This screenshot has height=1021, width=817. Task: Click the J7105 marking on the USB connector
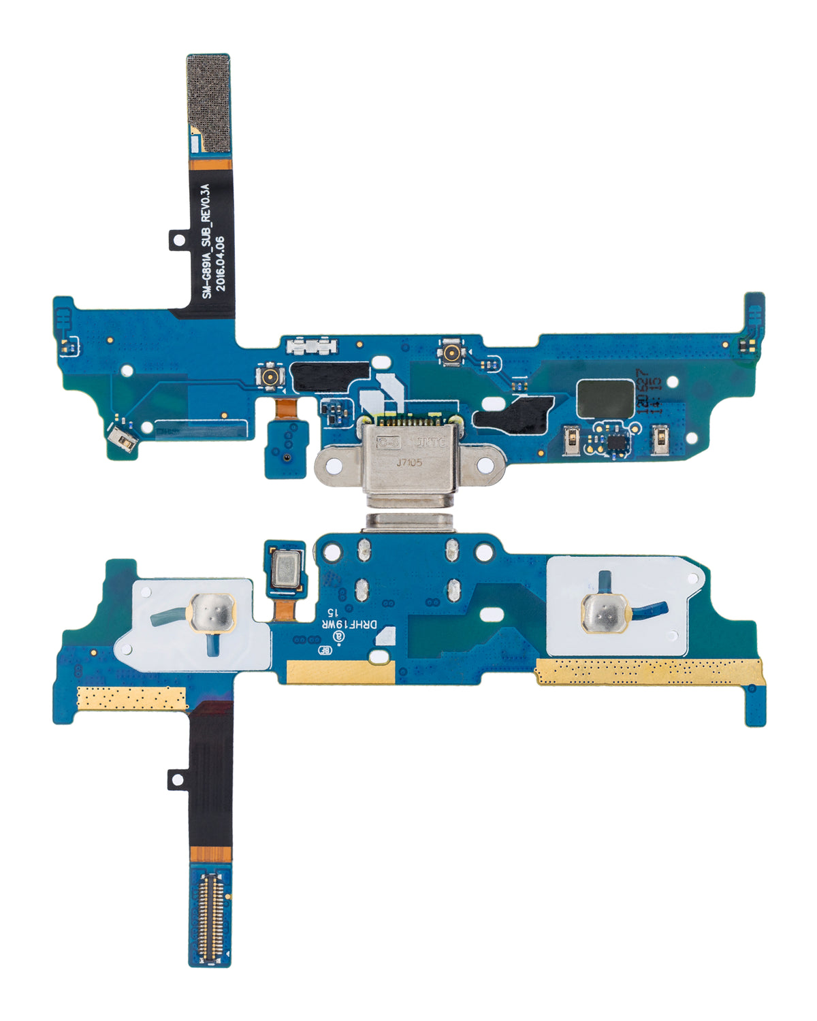coord(409,462)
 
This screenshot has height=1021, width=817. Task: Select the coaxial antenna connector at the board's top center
coord(450,353)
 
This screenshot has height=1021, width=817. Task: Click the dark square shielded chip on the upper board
coord(605,398)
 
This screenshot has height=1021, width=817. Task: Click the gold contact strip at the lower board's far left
coord(131,698)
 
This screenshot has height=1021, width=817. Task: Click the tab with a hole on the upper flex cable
coord(178,240)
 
